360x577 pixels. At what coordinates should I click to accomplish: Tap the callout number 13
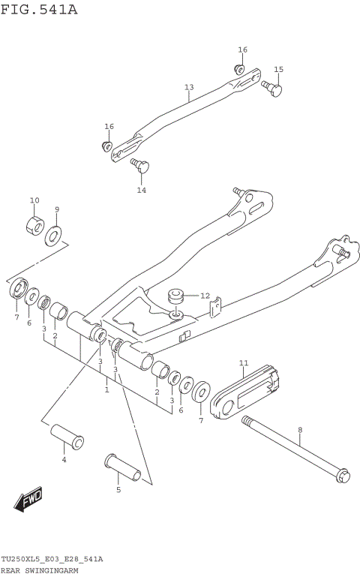tap(189, 88)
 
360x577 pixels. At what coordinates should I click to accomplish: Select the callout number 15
tap(278, 70)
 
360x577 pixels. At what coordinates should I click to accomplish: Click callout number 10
tap(34, 200)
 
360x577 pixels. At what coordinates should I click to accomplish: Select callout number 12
tap(205, 296)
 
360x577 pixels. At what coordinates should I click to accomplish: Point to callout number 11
tap(243, 364)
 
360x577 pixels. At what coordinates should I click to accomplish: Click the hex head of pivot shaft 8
tap(342, 475)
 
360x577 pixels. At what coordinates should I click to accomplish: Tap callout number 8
tap(299, 430)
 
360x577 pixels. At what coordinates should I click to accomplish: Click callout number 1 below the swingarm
tap(106, 389)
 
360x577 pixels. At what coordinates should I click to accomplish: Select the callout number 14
tap(141, 190)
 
